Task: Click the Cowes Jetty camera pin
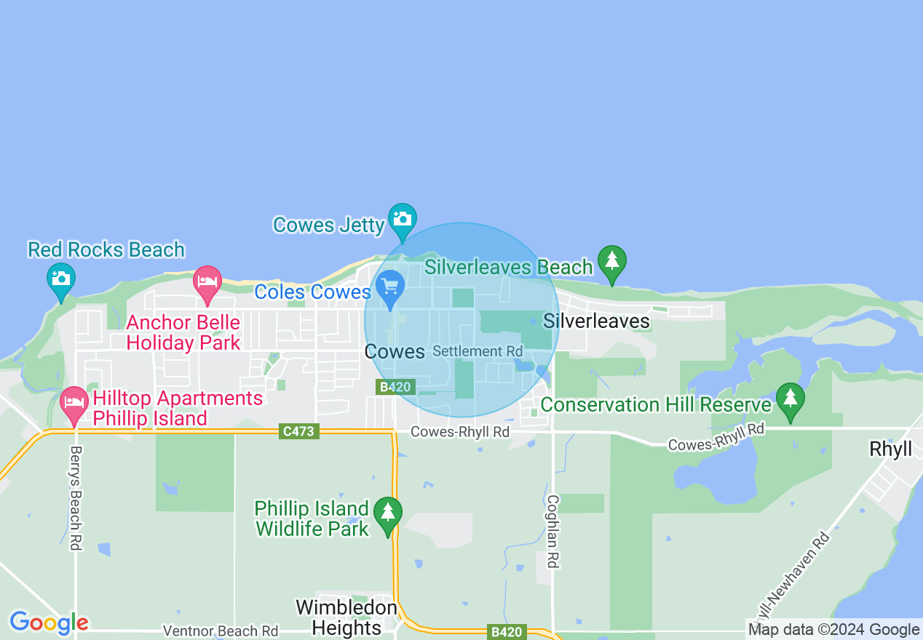(x=402, y=219)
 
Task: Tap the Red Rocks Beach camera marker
(x=61, y=279)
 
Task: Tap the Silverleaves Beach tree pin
(x=612, y=261)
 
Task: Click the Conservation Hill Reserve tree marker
(x=790, y=399)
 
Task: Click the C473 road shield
(x=298, y=431)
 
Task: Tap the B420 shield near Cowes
(x=396, y=387)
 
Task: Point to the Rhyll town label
(x=890, y=449)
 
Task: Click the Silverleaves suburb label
(x=596, y=321)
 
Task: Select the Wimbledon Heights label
(x=347, y=617)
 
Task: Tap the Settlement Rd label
(x=467, y=351)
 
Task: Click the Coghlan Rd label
(x=553, y=532)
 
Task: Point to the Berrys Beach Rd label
(x=76, y=497)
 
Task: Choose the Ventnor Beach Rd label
(x=221, y=631)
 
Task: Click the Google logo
(x=49, y=623)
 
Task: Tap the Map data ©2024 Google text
(x=834, y=630)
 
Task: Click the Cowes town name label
(x=395, y=352)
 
